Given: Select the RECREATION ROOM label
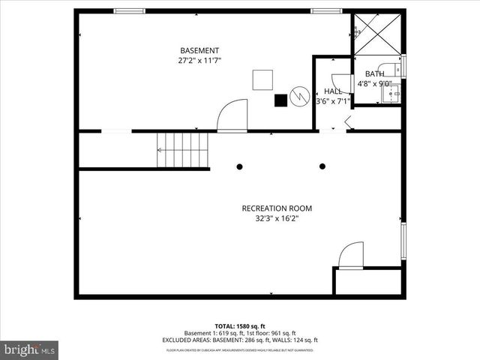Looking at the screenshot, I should pos(277,208).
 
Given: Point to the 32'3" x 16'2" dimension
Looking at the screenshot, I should pos(277,219).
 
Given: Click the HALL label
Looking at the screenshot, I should pos(333,91).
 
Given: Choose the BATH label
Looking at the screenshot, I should pos(374,73).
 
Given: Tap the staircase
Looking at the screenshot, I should pos(182,149).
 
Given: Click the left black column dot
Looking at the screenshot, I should pos(239,166).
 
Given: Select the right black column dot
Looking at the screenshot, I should pos(322,166).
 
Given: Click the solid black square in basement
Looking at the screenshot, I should pos(280,98).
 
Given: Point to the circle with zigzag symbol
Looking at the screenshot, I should pos(299,97).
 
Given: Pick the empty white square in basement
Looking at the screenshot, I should pos(262,79).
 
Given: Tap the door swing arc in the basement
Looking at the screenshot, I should pos(232,115).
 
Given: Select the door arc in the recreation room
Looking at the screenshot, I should pos(351,255).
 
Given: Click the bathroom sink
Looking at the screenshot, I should pos(391,93).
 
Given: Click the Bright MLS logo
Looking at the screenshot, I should pos(30,349).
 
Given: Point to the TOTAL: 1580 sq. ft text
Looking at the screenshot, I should pos(239,326).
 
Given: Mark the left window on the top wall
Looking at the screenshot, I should pos(129,10).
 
